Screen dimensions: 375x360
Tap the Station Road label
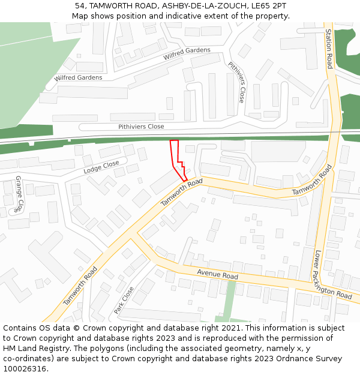(329, 49)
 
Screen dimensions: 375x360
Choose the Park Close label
(124, 300)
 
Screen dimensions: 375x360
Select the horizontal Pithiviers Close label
(141, 127)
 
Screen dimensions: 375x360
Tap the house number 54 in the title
(80, 5)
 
